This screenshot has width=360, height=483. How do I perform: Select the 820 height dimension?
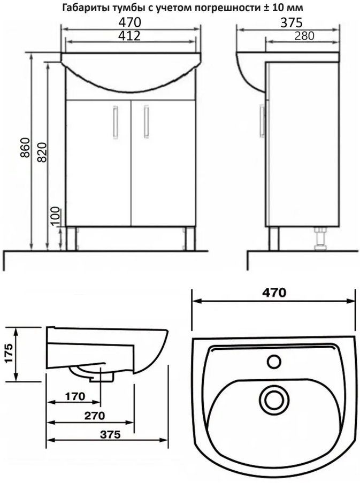pyautogui.click(x=42, y=152)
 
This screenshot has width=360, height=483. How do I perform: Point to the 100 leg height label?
pyautogui.click(x=56, y=217)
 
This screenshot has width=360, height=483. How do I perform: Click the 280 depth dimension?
pyautogui.click(x=304, y=36)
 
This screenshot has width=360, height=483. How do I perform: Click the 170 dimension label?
pyautogui.click(x=75, y=396)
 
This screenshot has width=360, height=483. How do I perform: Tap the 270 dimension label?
pyautogui.click(x=94, y=416)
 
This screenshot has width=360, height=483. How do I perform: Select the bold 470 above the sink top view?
pyautogui.click(x=274, y=293)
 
